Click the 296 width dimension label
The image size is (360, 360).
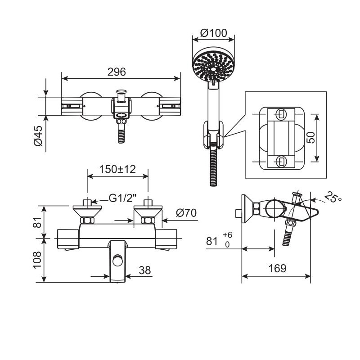[x=117, y=72]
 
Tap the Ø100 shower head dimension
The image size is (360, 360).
[x=214, y=33]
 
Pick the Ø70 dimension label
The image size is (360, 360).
[x=186, y=213]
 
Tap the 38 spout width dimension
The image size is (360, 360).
[x=144, y=270]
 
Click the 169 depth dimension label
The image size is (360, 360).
[x=277, y=269]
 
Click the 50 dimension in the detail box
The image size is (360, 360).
[x=310, y=137]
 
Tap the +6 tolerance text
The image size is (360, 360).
[x=227, y=235]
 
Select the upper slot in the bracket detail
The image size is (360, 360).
[x=279, y=113]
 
